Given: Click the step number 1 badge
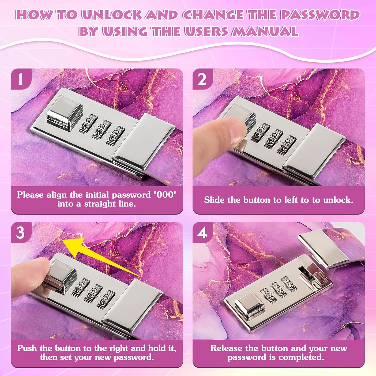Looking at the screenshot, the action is pos(21,79).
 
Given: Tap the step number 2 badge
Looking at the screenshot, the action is pos(203,79).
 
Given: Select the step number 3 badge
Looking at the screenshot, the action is pos(21,232).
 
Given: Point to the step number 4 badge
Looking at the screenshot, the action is pos(203,232).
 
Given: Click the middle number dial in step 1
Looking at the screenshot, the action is pos(102,130).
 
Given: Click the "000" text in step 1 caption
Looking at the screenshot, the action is pos(165,195).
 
